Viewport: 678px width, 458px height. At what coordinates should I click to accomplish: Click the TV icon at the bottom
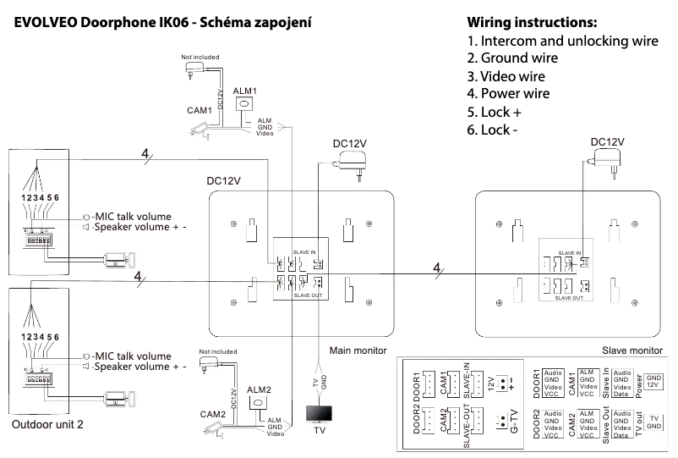318,413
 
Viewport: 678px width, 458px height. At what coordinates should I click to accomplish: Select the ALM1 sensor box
244,106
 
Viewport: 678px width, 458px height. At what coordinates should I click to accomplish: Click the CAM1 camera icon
202,128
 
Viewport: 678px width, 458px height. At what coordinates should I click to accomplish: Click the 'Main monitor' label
358,350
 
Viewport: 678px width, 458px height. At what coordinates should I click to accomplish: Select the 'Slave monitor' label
632,350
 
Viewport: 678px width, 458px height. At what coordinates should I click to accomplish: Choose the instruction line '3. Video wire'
506,76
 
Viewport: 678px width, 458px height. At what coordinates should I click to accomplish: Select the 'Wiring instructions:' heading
532,23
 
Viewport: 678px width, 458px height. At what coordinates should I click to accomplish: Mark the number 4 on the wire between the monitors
436,268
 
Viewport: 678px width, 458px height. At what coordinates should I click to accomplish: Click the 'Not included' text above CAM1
200,57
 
